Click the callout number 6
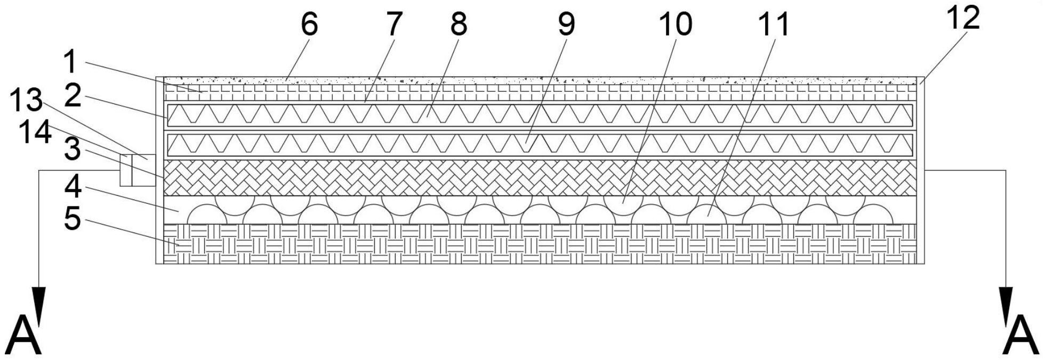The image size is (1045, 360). pyautogui.click(x=309, y=25)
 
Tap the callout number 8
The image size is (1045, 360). pyautogui.click(x=459, y=25)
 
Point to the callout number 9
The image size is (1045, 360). pyautogui.click(x=566, y=25)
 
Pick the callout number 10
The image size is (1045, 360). pyautogui.click(x=675, y=25)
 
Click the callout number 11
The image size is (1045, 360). pyautogui.click(x=774, y=25)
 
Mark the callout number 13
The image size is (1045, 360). pyautogui.click(x=28, y=101)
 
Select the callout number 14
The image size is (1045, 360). pyautogui.click(x=35, y=133)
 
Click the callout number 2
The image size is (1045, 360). pyautogui.click(x=73, y=97)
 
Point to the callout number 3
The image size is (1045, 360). pyautogui.click(x=73, y=151)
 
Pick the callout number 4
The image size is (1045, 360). pyautogui.click(x=73, y=187)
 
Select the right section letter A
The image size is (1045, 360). pyautogui.click(x=1020, y=335)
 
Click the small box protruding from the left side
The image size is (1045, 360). pyautogui.click(x=138, y=170)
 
